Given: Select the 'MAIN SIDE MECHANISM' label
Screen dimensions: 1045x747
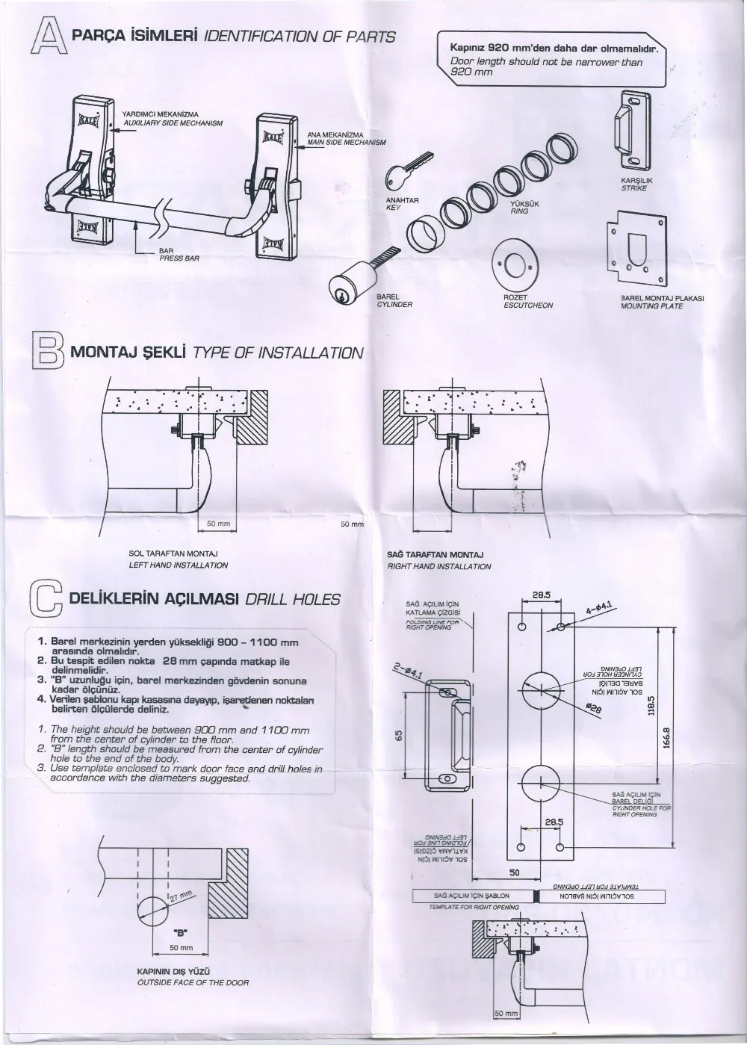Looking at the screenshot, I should (x=346, y=142).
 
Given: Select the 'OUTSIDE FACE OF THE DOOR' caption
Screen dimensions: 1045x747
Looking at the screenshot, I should (x=193, y=982).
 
